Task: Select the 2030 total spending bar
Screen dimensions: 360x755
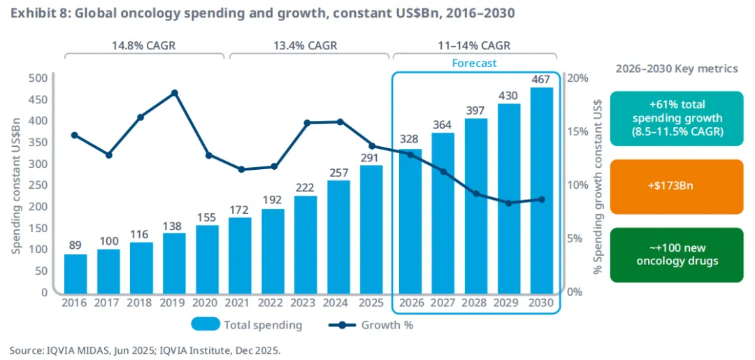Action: pos(542,189)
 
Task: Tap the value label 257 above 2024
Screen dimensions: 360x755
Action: pos(339,172)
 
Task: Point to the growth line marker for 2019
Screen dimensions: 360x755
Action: pos(175,93)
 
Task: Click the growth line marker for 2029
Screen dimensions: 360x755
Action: pos(508,203)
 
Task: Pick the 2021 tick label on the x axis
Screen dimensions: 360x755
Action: pos(240,303)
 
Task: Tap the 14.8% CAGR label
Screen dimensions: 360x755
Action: pos(143,45)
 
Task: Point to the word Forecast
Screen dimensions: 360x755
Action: pos(474,63)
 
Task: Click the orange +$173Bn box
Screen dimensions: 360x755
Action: pos(676,187)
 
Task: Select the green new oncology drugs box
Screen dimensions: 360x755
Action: pos(676,255)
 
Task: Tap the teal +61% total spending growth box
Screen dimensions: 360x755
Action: pos(676,118)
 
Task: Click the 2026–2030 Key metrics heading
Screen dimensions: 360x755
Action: pos(676,69)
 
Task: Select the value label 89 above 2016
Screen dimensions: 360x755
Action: pos(75,245)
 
